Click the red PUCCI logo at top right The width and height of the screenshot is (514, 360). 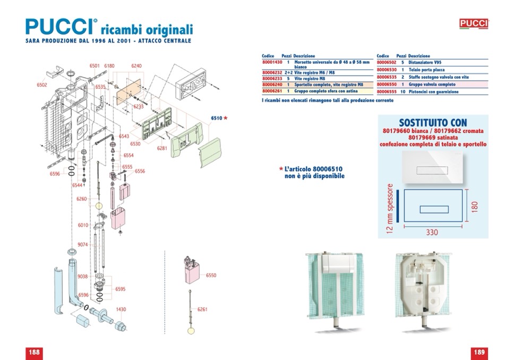[x=473, y=24]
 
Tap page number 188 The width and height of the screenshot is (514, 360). [x=35, y=352]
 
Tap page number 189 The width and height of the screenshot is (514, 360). [x=479, y=352]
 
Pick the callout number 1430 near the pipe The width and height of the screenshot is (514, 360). [x=121, y=310]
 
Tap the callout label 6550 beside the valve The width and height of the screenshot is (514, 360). [x=211, y=276]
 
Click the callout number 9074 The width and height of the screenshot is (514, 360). [x=83, y=244]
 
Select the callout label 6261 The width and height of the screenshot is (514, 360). [x=202, y=309]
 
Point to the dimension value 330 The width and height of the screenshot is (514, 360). [x=433, y=232]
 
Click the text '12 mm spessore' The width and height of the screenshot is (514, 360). [x=391, y=208]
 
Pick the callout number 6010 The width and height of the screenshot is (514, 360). [x=83, y=225]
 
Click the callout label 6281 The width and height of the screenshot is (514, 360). [x=162, y=148]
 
